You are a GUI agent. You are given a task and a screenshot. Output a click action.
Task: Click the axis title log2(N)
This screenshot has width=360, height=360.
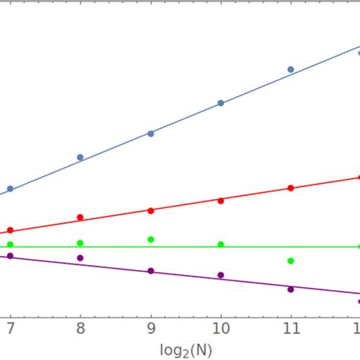point(185,350)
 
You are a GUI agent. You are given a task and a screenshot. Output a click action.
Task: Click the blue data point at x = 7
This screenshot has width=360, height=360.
point(10,188)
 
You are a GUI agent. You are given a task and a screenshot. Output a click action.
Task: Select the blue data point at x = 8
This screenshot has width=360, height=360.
point(81,157)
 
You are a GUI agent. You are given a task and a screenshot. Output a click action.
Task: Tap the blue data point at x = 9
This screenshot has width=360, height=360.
point(150,134)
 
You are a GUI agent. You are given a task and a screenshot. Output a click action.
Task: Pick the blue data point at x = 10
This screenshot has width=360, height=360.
point(220,103)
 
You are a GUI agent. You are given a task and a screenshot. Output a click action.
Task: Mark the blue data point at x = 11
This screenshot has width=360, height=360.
point(290,69)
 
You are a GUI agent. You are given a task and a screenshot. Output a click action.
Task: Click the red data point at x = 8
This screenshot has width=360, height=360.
point(81,218)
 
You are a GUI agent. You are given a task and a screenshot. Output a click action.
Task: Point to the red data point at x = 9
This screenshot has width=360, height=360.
point(150,210)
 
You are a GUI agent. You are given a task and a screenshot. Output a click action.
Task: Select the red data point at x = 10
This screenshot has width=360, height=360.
point(220,201)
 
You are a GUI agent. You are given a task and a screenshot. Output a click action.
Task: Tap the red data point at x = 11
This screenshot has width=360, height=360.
point(290,188)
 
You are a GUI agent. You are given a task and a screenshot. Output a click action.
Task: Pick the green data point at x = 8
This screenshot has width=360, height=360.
point(81,243)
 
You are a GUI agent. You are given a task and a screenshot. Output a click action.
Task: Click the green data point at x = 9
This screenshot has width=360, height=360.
point(150,239)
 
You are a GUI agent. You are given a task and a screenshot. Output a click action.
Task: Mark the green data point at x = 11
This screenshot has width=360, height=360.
point(290,261)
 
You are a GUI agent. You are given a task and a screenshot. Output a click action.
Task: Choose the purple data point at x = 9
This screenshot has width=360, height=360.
point(150,271)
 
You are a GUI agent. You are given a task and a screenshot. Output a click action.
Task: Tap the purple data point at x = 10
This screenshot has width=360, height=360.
point(220,275)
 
